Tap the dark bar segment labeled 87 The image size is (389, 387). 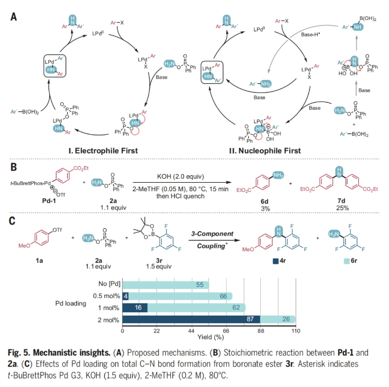(191, 319)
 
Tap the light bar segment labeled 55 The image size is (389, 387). (165, 284)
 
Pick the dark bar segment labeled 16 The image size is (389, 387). (135, 307)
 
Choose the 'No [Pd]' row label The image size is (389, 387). (108, 284)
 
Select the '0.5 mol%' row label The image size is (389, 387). (106, 295)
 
